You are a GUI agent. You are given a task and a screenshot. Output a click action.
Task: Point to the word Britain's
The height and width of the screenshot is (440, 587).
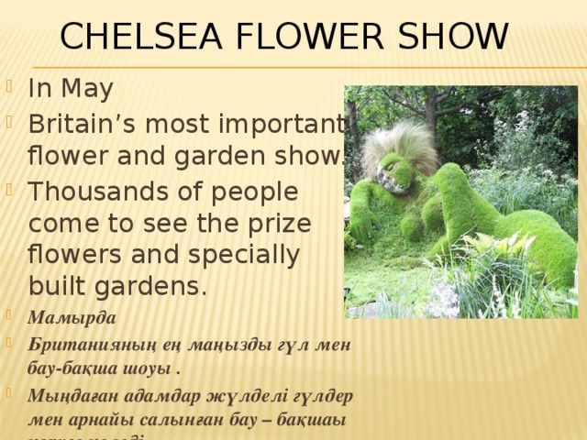pos(88,124)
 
